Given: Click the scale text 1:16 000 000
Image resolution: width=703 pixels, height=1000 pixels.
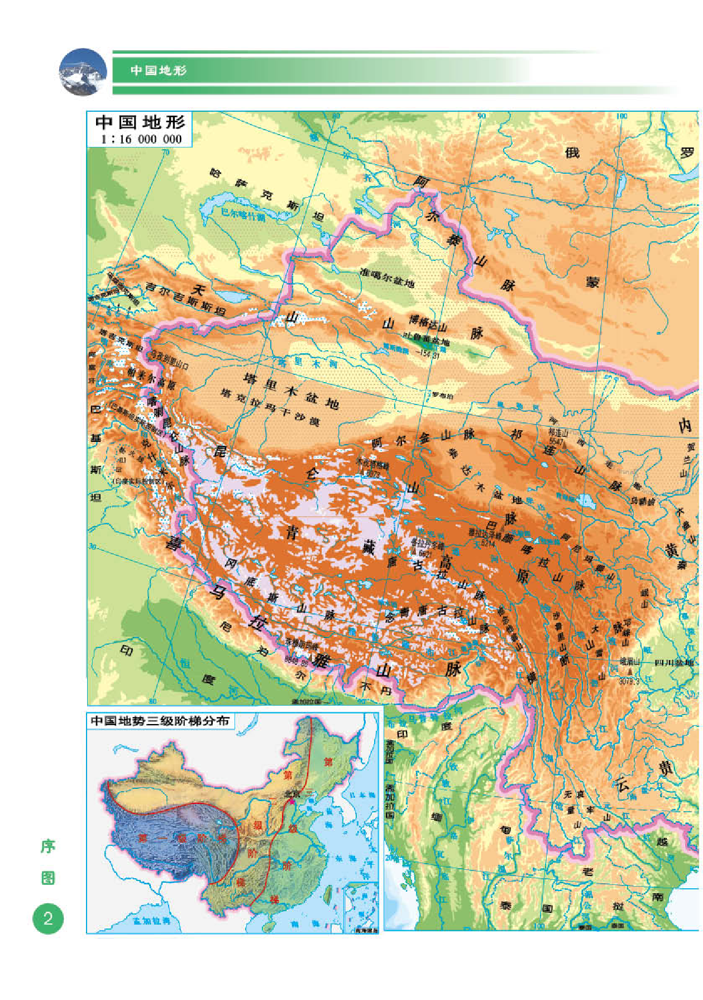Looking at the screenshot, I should tap(141, 139).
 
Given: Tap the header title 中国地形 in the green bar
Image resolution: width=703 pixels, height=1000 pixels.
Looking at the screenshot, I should tap(159, 70).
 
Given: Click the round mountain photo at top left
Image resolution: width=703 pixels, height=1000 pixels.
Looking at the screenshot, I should tap(83, 72).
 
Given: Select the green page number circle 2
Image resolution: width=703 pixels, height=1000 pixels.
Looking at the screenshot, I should tap(48, 918).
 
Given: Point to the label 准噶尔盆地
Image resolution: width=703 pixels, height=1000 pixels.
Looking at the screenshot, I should tap(387, 277).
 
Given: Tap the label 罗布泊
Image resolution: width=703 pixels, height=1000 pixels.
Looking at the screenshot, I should tap(442, 396).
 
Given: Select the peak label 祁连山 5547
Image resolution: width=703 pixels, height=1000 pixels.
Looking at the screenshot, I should tap(557, 436).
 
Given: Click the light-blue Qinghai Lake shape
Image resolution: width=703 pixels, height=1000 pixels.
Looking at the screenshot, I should tap(585, 500).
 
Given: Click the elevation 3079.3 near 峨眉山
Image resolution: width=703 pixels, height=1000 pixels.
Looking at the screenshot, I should tap(629, 682).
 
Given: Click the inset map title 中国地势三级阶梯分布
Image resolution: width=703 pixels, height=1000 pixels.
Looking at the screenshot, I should tap(160, 721).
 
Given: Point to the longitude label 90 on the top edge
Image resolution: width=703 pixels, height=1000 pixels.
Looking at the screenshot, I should tap(481, 116).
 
